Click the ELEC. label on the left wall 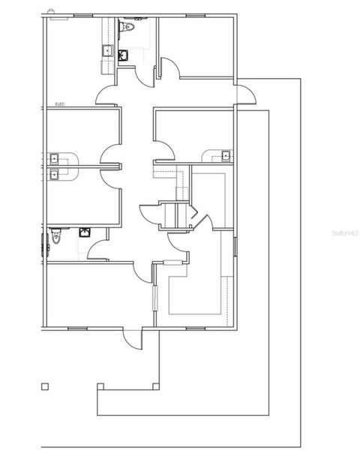(x=60, y=104)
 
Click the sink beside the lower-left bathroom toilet (x=85, y=232)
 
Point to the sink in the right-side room (x=224, y=155)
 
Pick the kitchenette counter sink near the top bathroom (x=107, y=51)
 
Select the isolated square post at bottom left (x=45, y=386)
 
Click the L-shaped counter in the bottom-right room (x=196, y=293)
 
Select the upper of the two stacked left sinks (x=54, y=158)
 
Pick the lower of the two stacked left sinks (x=54, y=174)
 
